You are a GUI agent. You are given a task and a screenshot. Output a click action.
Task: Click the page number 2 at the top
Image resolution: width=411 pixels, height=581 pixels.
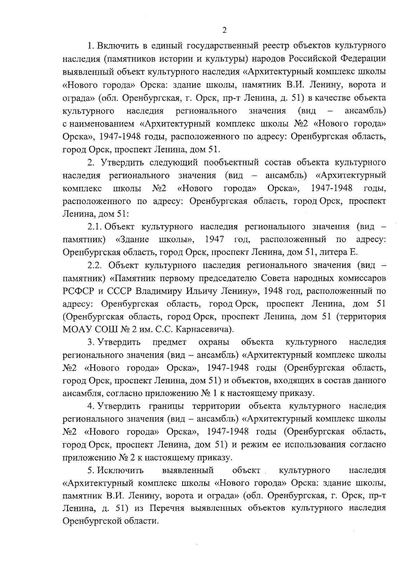(224, 30)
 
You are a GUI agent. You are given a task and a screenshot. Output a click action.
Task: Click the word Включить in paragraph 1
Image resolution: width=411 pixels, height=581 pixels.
(116, 46)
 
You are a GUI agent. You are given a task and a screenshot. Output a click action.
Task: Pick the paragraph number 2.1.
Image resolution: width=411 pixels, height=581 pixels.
(95, 227)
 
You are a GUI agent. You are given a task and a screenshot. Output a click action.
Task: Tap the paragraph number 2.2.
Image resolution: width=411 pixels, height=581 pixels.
(96, 265)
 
